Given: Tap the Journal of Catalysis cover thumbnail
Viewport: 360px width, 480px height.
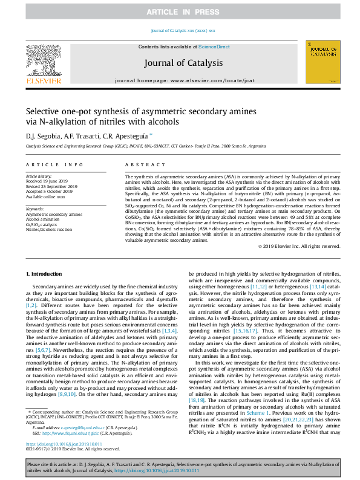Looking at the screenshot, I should [322, 62].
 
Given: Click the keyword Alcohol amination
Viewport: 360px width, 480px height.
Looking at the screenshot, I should [43, 219].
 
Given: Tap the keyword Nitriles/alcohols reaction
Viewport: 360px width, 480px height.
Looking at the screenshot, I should [49, 230].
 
